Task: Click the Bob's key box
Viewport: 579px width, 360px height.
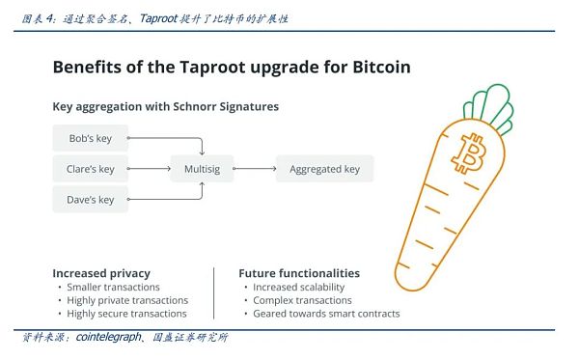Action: [x=90, y=138]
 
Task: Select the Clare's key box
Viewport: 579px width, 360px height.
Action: [x=90, y=169]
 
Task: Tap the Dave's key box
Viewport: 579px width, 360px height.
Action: [x=90, y=200]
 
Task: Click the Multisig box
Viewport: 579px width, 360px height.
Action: [x=202, y=169]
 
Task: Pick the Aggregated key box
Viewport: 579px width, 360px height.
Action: [x=324, y=169]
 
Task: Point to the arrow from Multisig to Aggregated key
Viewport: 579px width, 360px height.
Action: [x=254, y=169]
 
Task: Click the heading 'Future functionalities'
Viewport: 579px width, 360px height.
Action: [x=299, y=273]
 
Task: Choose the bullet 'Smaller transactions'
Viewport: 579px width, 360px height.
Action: [x=114, y=287]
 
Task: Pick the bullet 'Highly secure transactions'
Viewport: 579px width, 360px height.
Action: [x=126, y=314]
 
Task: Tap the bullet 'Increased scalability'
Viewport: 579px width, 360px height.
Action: [x=298, y=287]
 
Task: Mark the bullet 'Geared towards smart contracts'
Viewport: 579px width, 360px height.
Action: [x=326, y=314]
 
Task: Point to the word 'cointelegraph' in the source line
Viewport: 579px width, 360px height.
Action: [x=105, y=338]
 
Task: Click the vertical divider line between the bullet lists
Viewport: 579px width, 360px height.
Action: [x=213, y=292]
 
